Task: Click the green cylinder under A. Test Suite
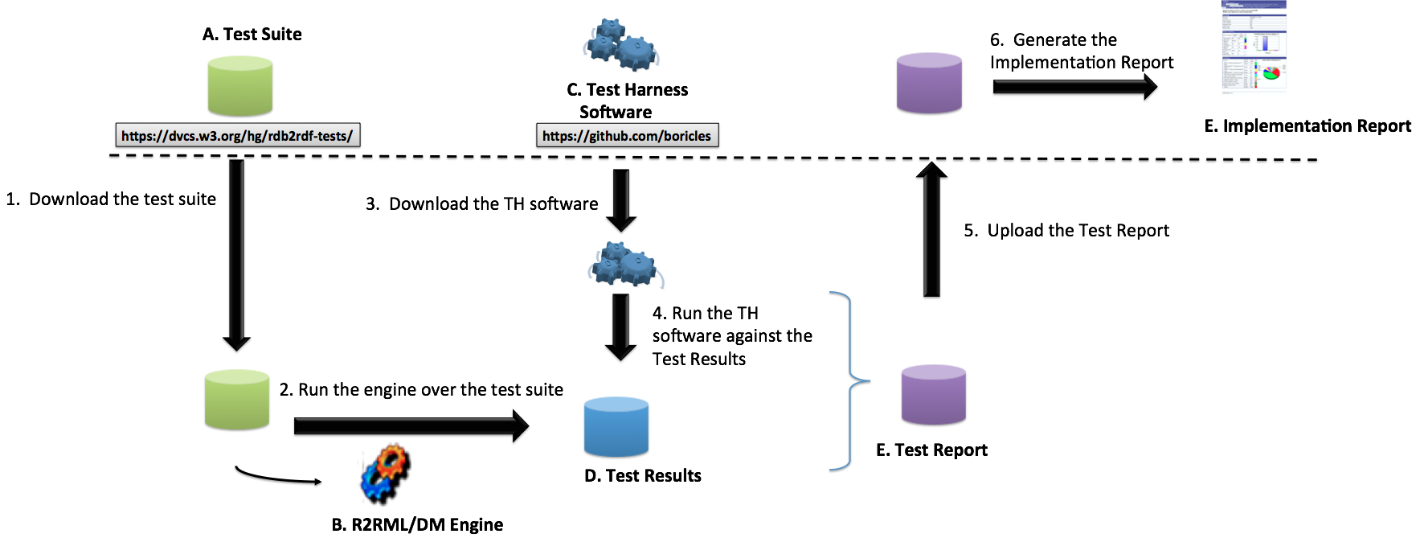[240, 87]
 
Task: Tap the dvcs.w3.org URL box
[237, 136]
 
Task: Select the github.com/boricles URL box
[627, 136]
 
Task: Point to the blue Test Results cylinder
[616, 427]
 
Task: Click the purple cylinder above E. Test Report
[933, 395]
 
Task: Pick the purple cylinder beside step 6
[929, 84]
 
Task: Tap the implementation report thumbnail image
[1254, 48]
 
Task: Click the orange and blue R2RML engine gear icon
[386, 474]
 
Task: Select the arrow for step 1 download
[236, 253]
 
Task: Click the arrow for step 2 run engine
[410, 428]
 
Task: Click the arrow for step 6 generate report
[1074, 88]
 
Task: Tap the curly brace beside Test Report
[849, 381]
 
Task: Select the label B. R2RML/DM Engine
[417, 524]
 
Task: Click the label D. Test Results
[643, 476]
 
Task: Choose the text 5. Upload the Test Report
[1066, 231]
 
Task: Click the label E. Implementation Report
[1307, 126]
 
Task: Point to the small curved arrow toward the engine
[277, 478]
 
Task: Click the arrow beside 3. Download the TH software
[621, 201]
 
